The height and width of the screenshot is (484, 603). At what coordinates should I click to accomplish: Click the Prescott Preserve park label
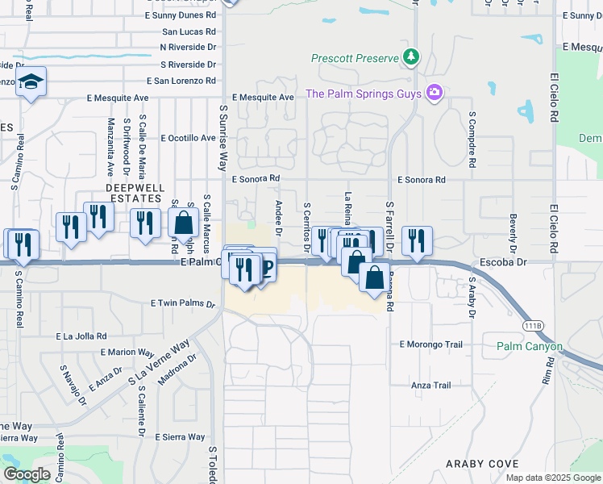356,59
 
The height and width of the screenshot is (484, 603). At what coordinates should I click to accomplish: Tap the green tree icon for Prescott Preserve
412,56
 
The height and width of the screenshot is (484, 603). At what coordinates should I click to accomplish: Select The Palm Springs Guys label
364,94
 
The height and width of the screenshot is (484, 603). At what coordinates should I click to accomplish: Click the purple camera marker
435,93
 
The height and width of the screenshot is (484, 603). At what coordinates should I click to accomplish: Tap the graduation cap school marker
31,82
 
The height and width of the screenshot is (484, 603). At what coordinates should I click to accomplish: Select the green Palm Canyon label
530,347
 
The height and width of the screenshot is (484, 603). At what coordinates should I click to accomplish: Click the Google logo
27,474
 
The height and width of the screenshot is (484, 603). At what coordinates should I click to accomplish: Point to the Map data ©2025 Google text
553,478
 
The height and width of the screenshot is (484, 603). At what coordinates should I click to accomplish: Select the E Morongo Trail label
431,344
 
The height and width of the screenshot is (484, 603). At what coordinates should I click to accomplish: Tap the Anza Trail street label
430,386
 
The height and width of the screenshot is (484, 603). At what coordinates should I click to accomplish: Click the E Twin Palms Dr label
183,303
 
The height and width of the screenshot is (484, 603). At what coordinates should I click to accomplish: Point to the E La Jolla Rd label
81,336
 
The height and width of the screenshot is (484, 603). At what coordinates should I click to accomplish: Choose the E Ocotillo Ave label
189,138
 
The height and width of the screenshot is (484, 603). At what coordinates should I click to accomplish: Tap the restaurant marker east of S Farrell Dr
417,240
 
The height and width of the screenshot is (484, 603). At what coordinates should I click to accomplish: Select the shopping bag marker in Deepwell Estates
184,222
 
